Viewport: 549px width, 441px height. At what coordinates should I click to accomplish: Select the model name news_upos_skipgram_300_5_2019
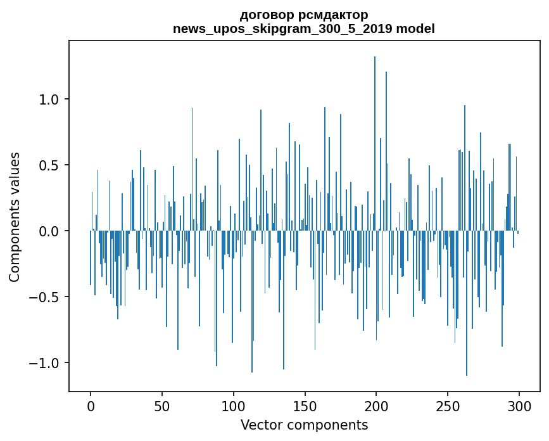click(287, 29)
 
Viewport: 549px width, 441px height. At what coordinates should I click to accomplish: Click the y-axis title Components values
click(15, 217)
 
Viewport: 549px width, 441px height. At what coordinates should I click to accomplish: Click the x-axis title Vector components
click(304, 425)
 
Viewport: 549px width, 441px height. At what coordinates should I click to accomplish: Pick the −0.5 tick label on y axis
click(46, 297)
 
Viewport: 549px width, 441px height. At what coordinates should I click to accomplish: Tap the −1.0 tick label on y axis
click(46, 363)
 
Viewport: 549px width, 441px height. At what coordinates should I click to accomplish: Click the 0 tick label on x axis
click(91, 406)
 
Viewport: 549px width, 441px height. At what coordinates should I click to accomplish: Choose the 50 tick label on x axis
click(162, 406)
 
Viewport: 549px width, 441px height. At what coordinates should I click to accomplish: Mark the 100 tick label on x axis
click(234, 406)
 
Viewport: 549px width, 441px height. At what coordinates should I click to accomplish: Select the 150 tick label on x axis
click(305, 406)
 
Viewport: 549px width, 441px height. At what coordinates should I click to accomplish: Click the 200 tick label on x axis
click(377, 406)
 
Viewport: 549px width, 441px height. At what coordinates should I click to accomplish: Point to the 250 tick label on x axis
click(448, 406)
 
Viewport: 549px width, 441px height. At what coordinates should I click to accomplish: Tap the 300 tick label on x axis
click(519, 406)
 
